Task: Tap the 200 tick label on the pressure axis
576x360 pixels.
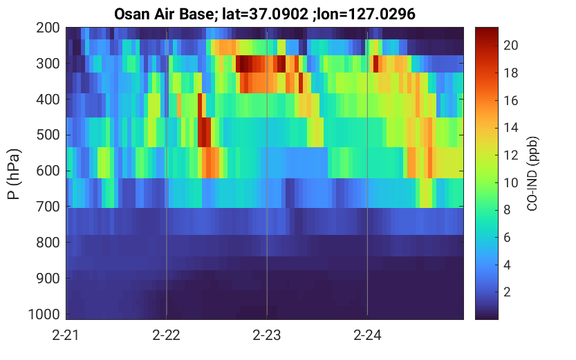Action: [48, 28]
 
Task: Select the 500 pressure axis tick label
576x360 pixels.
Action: [48, 135]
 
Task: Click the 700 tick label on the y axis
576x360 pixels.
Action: [48, 207]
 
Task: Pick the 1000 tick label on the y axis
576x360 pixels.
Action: [44, 314]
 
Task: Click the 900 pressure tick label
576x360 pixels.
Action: [48, 278]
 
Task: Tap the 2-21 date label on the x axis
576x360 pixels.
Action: [66, 335]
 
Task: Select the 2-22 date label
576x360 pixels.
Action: [167, 335]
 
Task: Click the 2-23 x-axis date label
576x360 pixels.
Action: [267, 335]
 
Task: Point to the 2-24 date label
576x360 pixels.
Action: [367, 335]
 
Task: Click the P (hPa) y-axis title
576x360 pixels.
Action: [14, 174]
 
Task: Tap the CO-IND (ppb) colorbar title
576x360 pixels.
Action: [532, 174]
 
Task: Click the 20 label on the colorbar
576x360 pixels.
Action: [510, 45]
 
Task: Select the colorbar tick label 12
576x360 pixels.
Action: [510, 155]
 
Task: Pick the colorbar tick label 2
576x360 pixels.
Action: [507, 292]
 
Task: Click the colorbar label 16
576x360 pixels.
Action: [510, 100]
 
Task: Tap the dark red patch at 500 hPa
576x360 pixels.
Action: [204, 132]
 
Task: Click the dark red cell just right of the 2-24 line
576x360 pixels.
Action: [375, 64]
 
